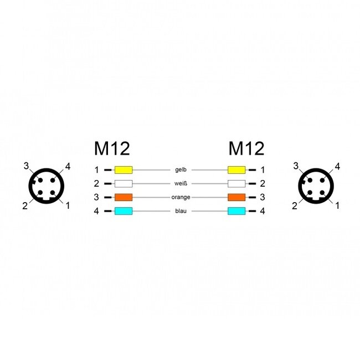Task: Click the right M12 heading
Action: [246, 149]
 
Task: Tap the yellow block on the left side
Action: [124, 170]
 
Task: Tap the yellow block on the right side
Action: [236, 170]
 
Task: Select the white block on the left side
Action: [124, 183]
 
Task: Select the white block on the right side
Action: [236, 183]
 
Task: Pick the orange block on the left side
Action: [124, 197]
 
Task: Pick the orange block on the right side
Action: [236, 197]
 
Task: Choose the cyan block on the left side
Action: [124, 211]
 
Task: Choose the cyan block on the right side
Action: [236, 211]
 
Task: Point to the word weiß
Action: [180, 183]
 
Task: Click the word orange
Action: [180, 197]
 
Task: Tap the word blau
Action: [180, 211]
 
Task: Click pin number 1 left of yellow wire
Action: [96, 170]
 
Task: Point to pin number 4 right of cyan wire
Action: [263, 211]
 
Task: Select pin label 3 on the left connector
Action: [25, 166]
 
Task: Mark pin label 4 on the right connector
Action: [337, 166]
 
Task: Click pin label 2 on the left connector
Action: [24, 206]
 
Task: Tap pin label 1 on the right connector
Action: [337, 206]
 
